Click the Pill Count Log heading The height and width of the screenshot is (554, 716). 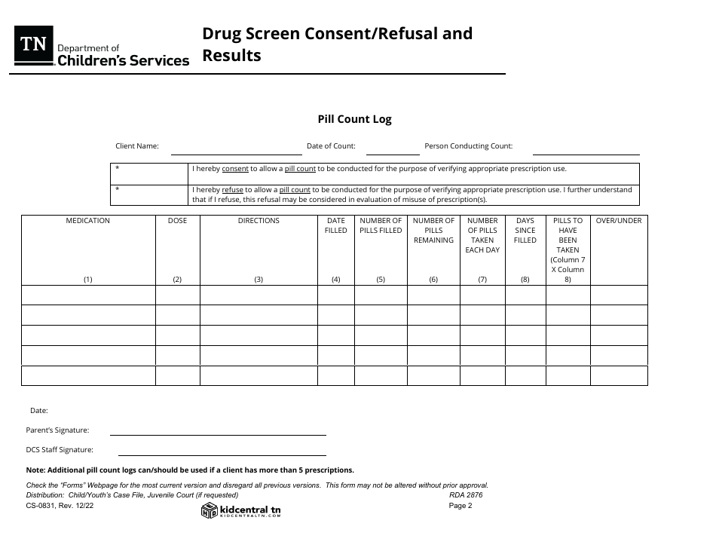(x=354, y=119)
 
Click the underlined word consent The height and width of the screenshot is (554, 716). (x=235, y=170)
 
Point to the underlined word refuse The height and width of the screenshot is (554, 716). (x=232, y=190)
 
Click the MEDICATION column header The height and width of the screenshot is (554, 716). (x=88, y=221)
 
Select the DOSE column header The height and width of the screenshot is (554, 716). (x=177, y=221)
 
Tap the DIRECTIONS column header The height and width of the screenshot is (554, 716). (x=259, y=221)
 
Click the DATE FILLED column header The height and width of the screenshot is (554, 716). (x=336, y=225)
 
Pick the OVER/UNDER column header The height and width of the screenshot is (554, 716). (x=619, y=221)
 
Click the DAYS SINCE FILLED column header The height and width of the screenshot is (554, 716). (x=525, y=231)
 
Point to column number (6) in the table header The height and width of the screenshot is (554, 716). (x=433, y=280)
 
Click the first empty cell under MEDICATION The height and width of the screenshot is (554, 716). (x=88, y=295)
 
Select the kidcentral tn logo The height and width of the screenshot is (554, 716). (x=241, y=511)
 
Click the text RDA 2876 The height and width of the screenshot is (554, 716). (x=465, y=495)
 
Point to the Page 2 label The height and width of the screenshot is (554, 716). (x=460, y=506)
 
